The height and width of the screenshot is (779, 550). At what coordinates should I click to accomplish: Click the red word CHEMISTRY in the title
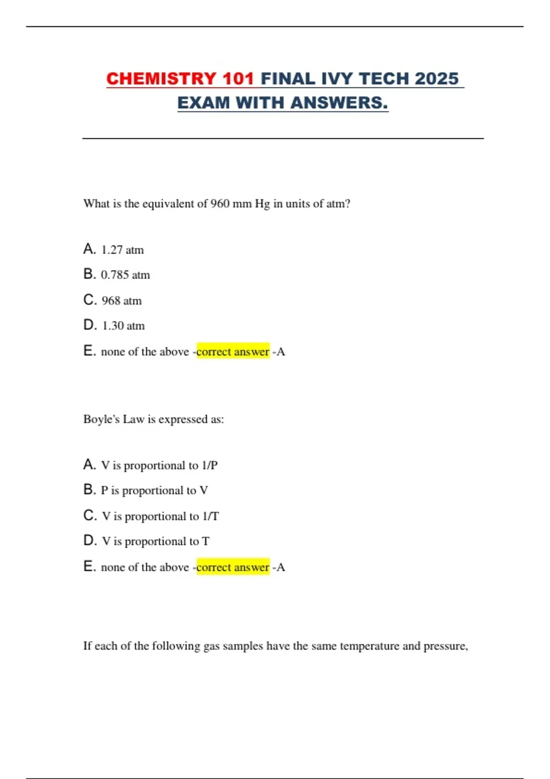tap(161, 79)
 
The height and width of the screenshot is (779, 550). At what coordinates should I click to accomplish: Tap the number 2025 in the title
tap(437, 79)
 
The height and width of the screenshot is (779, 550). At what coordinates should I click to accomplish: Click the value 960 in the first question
tap(220, 204)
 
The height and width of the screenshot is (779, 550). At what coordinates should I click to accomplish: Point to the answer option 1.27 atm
tap(122, 250)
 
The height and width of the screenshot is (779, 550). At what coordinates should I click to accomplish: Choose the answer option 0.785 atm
tap(125, 275)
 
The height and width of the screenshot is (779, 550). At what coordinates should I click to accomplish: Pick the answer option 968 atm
tap(121, 301)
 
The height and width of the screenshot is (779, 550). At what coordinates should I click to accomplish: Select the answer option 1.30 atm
tap(123, 326)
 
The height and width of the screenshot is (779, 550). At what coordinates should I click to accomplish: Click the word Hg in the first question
tap(262, 204)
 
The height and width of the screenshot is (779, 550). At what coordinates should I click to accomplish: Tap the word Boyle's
tap(101, 419)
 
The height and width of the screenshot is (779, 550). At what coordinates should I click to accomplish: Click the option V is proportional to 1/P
tap(159, 466)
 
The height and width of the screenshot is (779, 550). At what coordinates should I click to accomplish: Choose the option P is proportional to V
tap(154, 491)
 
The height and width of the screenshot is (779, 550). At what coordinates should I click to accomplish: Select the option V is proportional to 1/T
tap(160, 516)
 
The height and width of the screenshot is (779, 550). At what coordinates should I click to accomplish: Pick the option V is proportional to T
tap(155, 542)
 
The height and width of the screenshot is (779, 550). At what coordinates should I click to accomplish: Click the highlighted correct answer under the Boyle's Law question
tap(233, 567)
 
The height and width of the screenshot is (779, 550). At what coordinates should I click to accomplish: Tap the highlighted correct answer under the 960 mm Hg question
tap(233, 352)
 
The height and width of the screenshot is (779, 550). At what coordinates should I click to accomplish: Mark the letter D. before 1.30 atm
tap(90, 325)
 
